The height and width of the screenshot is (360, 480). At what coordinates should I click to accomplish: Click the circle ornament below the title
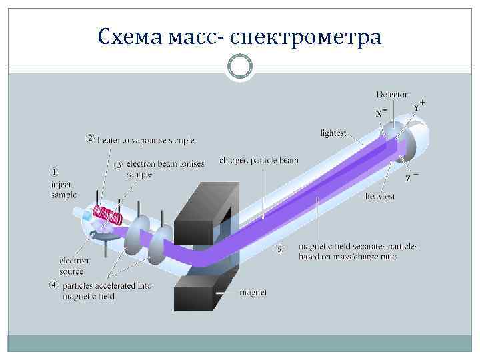pyautogui.click(x=239, y=67)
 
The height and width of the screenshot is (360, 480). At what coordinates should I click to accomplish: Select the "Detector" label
pyautogui.click(x=392, y=95)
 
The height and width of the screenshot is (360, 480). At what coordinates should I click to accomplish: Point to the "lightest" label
pyautogui.click(x=333, y=133)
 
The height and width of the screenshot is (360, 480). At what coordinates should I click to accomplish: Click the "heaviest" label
pyautogui.click(x=381, y=197)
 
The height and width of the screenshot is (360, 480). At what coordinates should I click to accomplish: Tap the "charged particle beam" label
pyautogui.click(x=259, y=161)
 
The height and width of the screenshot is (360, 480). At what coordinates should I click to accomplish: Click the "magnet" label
pyautogui.click(x=253, y=293)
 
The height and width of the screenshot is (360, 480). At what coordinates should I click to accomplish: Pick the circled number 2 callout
pyautogui.click(x=89, y=139)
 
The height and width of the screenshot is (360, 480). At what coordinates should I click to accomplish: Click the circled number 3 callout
pyautogui.click(x=119, y=163)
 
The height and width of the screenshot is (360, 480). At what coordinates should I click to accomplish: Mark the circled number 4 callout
pyautogui.click(x=53, y=285)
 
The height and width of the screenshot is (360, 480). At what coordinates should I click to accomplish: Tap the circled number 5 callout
pyautogui.click(x=281, y=249)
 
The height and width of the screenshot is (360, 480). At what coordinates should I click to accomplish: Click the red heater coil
pyautogui.click(x=107, y=214)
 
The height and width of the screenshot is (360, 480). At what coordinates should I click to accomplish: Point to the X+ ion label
pyautogui.click(x=381, y=113)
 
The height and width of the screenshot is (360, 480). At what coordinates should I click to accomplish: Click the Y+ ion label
pyautogui.click(x=419, y=105)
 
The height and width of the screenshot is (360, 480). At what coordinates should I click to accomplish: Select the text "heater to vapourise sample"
pyautogui.click(x=146, y=141)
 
